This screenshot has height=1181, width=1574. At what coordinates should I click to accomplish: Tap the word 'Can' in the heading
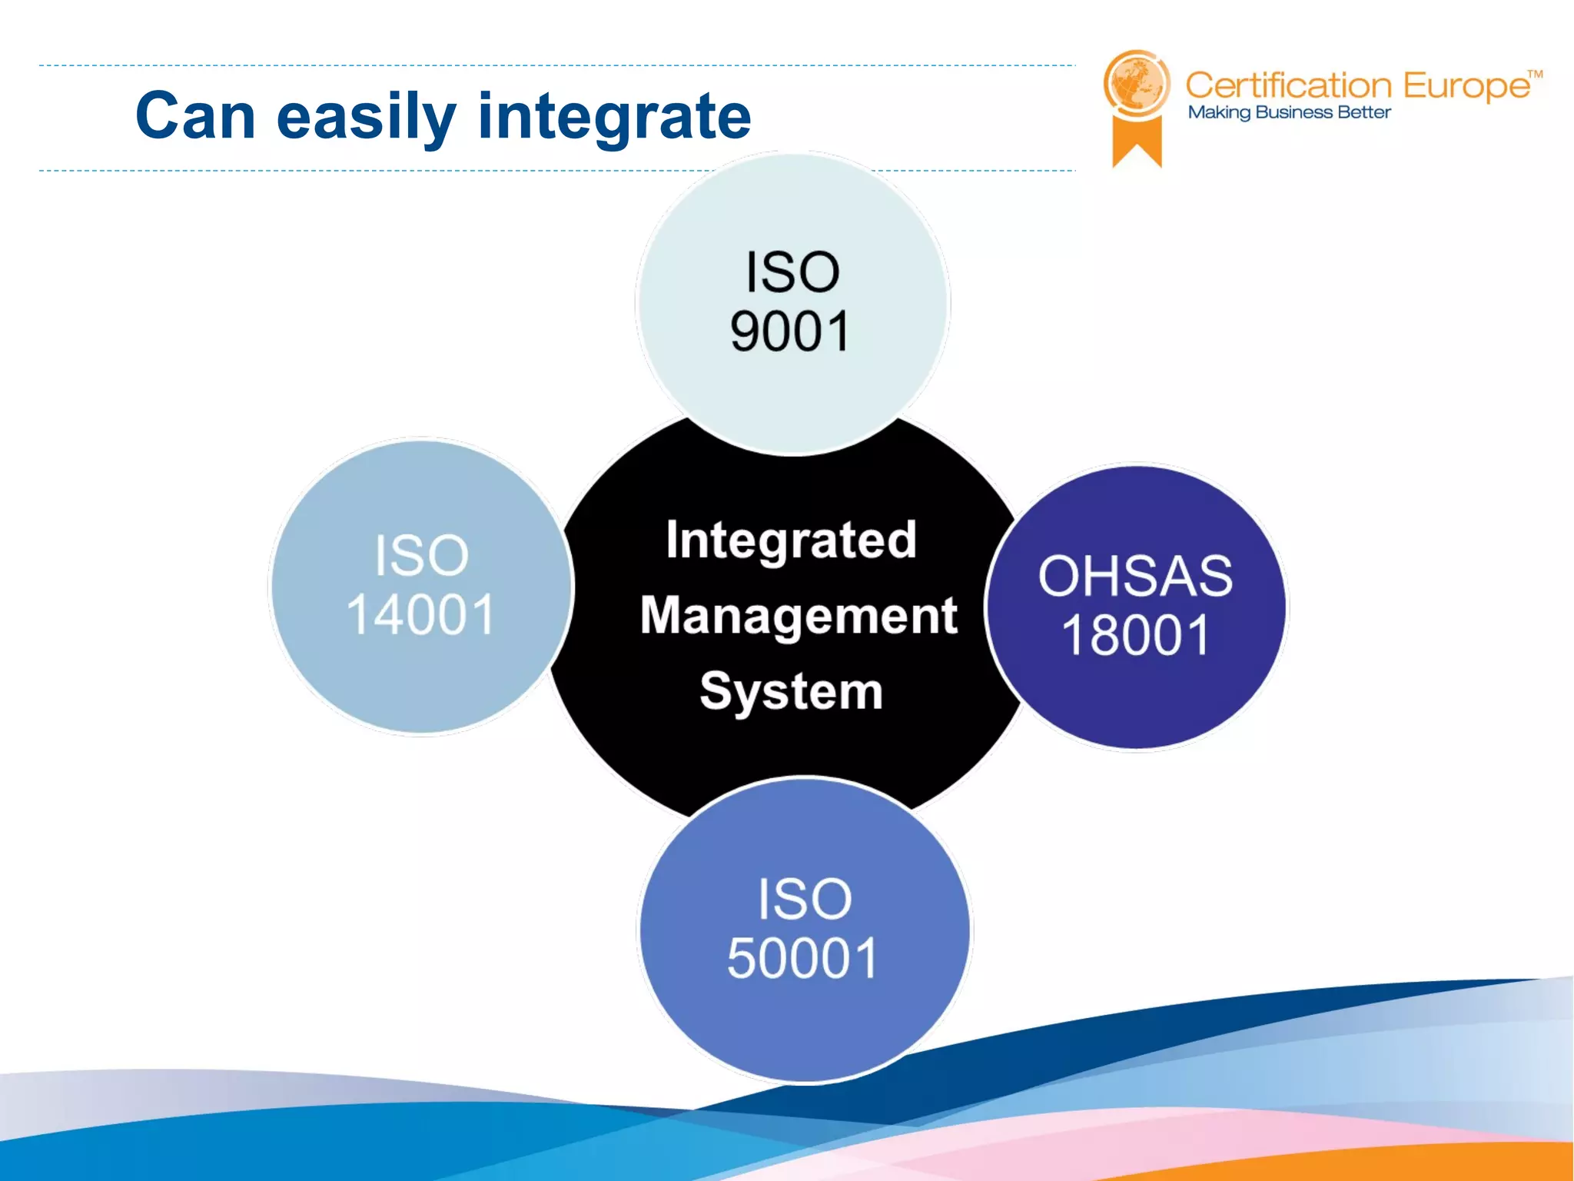click(195, 117)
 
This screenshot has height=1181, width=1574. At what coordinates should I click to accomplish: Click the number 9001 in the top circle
click(790, 332)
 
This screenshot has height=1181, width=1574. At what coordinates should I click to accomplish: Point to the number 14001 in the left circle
click(420, 615)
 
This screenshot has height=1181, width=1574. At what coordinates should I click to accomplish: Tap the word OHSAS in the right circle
click(1135, 576)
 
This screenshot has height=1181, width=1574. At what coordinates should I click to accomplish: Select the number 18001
click(1135, 636)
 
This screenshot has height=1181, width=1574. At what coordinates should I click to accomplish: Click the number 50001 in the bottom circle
click(802, 959)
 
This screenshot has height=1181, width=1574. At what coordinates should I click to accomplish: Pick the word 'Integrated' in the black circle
click(791, 540)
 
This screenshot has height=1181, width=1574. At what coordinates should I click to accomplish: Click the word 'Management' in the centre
click(799, 616)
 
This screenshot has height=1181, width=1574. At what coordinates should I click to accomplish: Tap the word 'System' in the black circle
click(791, 690)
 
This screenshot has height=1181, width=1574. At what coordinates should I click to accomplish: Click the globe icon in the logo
click(1136, 84)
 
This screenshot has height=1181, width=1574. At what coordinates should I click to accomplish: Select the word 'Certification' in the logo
click(1288, 85)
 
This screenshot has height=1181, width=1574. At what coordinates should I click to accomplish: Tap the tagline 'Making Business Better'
click(1289, 112)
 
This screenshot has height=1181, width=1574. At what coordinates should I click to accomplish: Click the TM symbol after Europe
click(1534, 75)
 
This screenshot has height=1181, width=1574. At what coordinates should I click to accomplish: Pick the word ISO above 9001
click(792, 272)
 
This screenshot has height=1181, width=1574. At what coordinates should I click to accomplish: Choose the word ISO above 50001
click(805, 899)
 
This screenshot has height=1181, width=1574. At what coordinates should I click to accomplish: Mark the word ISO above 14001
click(421, 555)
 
